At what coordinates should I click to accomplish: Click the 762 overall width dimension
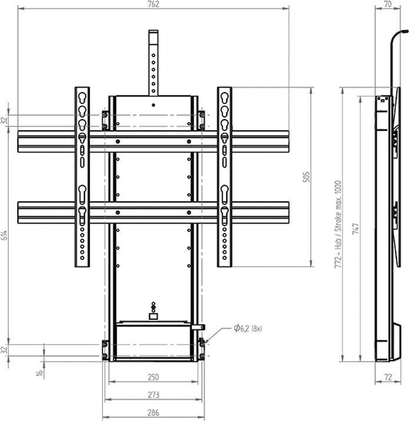(x=154, y=4)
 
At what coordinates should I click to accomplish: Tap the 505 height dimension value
(x=307, y=177)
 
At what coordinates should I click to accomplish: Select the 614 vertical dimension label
(x=4, y=235)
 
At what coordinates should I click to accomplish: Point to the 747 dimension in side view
(x=355, y=229)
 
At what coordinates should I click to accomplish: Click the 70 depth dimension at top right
(x=388, y=4)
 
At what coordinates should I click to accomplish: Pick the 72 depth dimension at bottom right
(x=388, y=377)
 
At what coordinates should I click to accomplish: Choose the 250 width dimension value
(x=154, y=377)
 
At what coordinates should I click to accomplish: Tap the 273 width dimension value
(x=154, y=395)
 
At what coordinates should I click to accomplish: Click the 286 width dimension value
(x=154, y=413)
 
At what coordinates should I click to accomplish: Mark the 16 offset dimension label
(x=40, y=373)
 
